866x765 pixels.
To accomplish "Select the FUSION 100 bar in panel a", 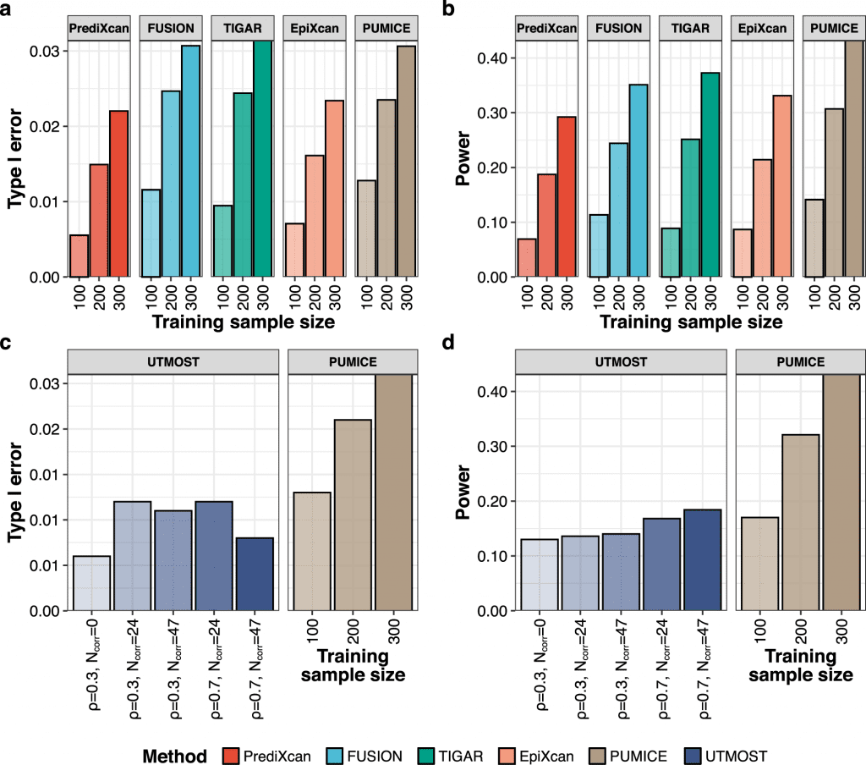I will point(151,233).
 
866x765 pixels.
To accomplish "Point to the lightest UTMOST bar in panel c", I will point(91,583).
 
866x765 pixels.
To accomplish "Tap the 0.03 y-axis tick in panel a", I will point(47,52).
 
